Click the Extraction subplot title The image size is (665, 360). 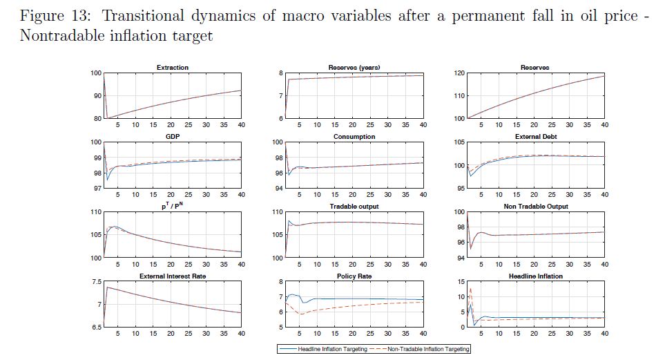(172, 68)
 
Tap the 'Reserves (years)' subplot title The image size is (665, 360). (354, 68)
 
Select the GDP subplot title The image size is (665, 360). (172, 137)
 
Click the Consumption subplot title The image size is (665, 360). (354, 137)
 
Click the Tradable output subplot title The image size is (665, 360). (354, 207)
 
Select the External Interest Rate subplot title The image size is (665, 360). (172, 276)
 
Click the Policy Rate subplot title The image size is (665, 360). (354, 276)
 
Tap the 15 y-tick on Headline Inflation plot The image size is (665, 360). (461, 282)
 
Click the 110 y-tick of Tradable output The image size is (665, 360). (277, 212)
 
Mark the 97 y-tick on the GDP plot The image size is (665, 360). (96, 189)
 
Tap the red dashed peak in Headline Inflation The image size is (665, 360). (470, 289)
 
